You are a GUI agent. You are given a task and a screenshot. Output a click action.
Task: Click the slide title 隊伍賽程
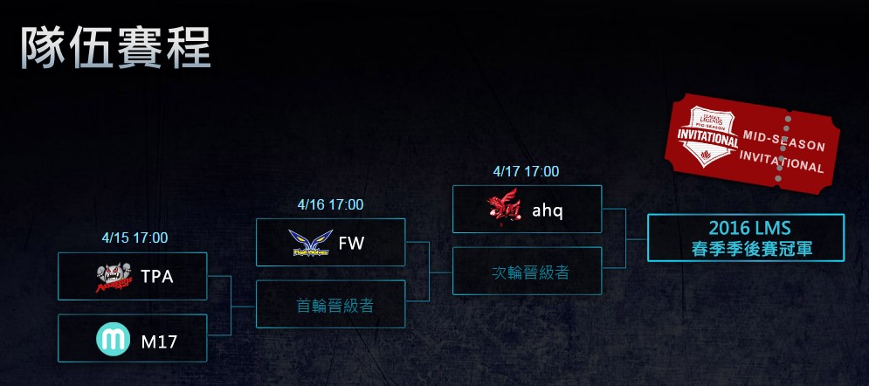point(114,47)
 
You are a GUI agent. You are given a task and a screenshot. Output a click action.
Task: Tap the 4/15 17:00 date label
point(135,237)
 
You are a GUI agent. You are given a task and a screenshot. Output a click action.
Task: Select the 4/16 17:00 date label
point(330,204)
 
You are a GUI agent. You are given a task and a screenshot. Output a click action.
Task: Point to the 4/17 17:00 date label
point(527,171)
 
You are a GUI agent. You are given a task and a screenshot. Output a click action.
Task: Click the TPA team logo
point(113,276)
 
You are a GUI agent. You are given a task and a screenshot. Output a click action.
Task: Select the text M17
point(159,341)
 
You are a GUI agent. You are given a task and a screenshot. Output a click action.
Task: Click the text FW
point(351,243)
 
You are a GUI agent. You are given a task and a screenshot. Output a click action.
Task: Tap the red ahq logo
point(505,210)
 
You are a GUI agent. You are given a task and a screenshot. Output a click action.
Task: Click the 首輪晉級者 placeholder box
point(330,306)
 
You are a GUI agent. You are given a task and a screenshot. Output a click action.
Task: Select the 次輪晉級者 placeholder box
point(527,272)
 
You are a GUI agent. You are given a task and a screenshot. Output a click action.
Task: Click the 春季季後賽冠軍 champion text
point(745,249)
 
